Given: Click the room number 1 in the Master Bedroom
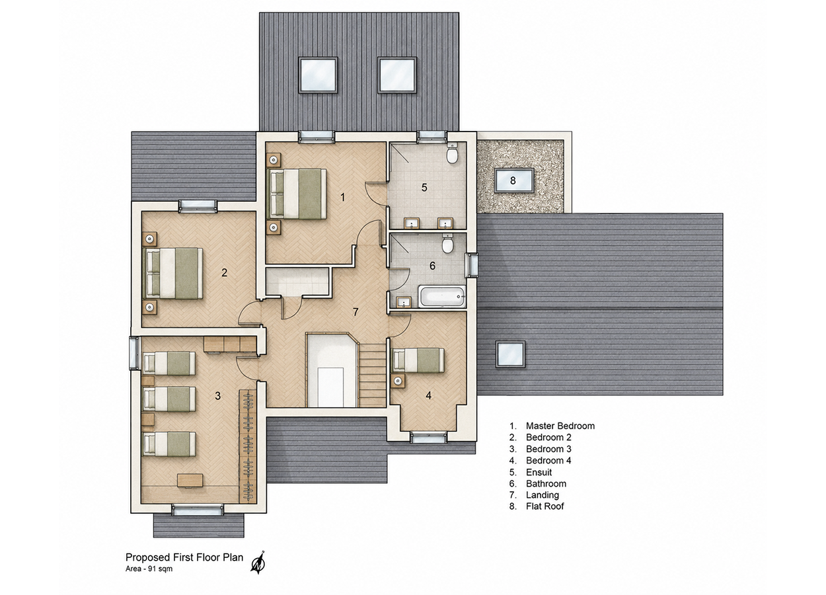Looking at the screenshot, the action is click(342, 198).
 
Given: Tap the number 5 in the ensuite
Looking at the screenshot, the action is click(424, 188).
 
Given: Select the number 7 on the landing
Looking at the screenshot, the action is click(356, 312).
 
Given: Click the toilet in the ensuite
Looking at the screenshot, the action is click(452, 154).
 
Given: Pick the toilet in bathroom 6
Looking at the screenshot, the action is click(447, 243).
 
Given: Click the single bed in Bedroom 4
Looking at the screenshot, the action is click(418, 360).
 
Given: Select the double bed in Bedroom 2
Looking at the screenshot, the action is click(173, 273).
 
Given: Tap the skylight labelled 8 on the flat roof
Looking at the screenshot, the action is click(514, 180).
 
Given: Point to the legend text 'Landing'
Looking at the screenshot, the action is click(543, 495).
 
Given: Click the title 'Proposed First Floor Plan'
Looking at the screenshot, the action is click(184, 557).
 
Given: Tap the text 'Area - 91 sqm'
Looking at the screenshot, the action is click(149, 569).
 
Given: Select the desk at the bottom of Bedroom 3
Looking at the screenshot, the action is click(190, 480).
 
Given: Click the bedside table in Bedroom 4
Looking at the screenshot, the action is click(398, 380).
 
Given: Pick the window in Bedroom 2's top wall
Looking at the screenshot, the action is click(198, 206).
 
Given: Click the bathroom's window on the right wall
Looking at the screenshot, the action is click(472, 265).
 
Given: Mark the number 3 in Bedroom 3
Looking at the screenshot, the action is click(217, 396).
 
